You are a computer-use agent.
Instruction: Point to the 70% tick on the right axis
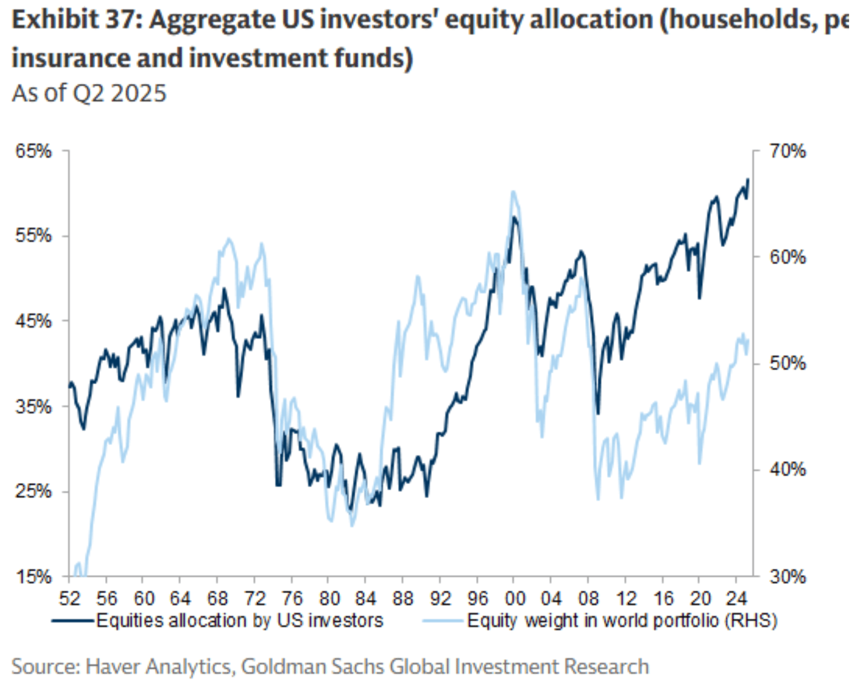point(787,151)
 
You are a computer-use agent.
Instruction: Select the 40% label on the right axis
point(787,470)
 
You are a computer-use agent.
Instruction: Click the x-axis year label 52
point(69,598)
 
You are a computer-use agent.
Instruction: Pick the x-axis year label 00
point(514,598)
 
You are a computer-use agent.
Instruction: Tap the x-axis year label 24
point(736,598)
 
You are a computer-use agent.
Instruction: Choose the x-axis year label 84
point(365,598)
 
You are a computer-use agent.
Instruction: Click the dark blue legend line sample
point(73,621)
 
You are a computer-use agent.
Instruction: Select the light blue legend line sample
point(443,621)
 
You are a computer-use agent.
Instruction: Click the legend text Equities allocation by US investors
point(239,621)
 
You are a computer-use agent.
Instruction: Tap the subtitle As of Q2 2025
point(89,93)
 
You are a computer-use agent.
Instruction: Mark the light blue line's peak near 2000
point(513,192)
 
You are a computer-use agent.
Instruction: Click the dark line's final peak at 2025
point(747,179)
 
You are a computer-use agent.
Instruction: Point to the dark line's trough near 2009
point(598,413)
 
